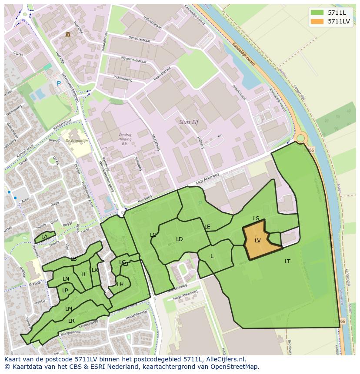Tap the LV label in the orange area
(258, 241)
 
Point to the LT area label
(287, 261)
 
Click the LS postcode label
(256, 218)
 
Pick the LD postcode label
(179, 239)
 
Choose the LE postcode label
(207, 227)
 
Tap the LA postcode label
(44, 237)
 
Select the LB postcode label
(73, 259)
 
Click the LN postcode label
(66, 279)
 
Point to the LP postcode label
(65, 291)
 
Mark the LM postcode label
(69, 309)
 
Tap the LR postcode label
(71, 321)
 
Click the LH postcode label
(120, 285)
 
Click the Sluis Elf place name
(189, 122)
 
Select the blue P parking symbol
(59, 83)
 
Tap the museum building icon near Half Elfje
(68, 34)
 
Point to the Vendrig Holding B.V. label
(125, 139)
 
